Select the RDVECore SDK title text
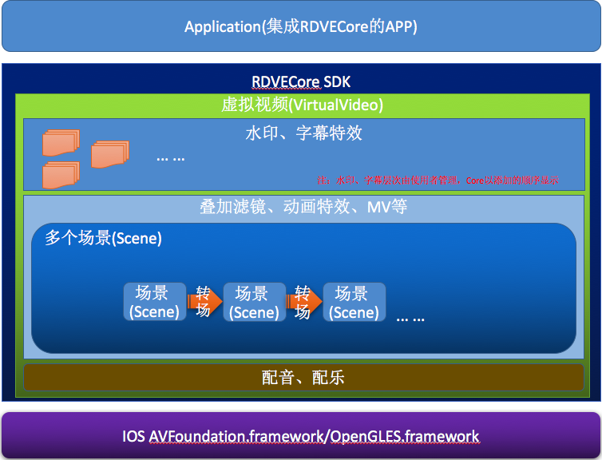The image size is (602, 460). click(x=301, y=82)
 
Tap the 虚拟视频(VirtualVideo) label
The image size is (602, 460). click(x=302, y=105)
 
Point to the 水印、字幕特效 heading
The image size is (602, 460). click(x=303, y=133)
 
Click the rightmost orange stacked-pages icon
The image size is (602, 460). click(x=109, y=154)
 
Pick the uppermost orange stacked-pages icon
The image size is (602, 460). click(x=61, y=142)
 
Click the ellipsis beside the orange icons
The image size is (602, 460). click(x=170, y=157)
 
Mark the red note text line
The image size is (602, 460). click(x=438, y=180)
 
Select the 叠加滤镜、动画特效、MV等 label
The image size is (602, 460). click(x=303, y=207)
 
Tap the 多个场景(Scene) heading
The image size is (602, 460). click(x=103, y=238)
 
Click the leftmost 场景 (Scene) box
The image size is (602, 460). click(x=155, y=302)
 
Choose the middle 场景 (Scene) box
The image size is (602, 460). click(x=254, y=302)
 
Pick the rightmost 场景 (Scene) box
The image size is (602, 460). click(x=354, y=302)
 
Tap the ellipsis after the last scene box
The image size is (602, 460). click(x=410, y=318)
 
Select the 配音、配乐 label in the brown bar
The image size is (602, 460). click(x=303, y=377)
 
